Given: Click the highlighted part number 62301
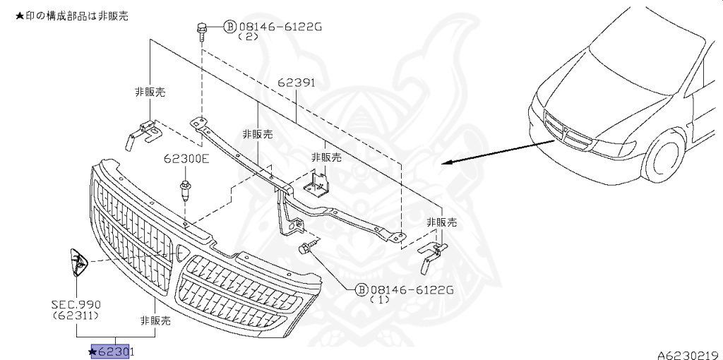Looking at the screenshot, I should coord(115,351).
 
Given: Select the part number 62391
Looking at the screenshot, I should coord(296,83).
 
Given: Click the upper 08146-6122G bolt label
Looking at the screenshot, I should coord(280,27).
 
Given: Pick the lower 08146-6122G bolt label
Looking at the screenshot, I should coord(411,289).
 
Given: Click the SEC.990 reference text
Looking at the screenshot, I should coord(74,304).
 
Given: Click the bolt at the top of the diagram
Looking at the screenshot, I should coord(201,30).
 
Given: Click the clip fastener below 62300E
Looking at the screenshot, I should coord(186,188).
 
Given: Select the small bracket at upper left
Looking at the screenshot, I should coord(141,133).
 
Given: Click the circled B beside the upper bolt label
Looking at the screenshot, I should coord(229,27).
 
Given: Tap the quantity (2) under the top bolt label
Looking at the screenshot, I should coord(249,37).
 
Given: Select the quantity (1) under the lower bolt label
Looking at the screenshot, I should coord(381,300).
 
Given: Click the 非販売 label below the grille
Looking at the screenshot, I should coord(156,320).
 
